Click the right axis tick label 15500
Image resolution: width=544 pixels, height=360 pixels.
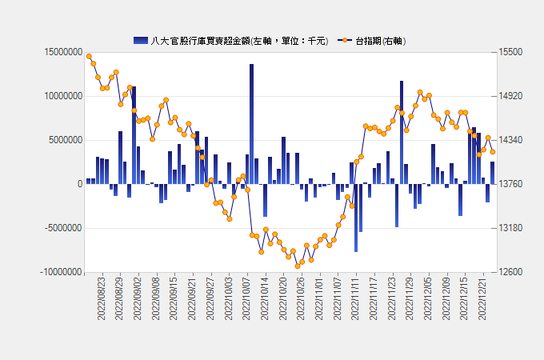pyautogui.click(x=510, y=52)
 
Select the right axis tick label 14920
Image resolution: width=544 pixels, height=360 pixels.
pyautogui.click(x=510, y=96)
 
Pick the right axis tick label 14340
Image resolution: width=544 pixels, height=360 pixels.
pyautogui.click(x=510, y=140)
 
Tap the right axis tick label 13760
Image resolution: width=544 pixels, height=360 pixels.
pyautogui.click(x=510, y=184)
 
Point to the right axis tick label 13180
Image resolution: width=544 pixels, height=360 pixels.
pyautogui.click(x=510, y=228)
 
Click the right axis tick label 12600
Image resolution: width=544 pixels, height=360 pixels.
pyautogui.click(x=510, y=272)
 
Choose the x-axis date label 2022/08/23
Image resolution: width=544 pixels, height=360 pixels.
pyautogui.click(x=102, y=298)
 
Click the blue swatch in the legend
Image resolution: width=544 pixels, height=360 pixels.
pyautogui.click(x=141, y=40)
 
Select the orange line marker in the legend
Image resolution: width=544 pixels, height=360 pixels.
pyautogui.click(x=345, y=40)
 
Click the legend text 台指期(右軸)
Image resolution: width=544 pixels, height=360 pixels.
pyautogui.click(x=380, y=40)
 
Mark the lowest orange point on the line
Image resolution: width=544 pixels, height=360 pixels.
pyautogui.click(x=298, y=266)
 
